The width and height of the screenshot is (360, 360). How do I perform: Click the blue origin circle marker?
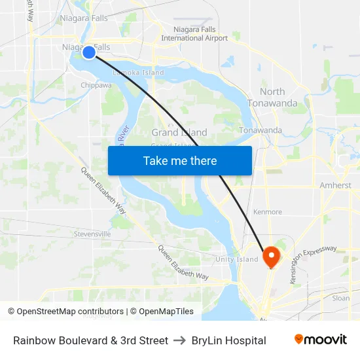89,52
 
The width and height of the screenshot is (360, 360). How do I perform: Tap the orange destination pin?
270,255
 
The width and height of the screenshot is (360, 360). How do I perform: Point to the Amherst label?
335,185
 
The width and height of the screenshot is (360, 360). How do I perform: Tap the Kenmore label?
268,212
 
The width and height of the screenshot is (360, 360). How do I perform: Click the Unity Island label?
237,260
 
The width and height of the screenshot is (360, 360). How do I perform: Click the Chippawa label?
96,85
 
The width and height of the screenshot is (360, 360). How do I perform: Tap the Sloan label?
340,298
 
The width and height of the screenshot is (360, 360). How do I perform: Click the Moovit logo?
321,340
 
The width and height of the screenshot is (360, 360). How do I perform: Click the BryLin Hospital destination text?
228,340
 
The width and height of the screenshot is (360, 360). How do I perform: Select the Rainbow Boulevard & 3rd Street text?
90,340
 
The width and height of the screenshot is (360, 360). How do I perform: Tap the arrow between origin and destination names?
179,340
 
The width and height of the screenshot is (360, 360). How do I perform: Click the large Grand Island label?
179,133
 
